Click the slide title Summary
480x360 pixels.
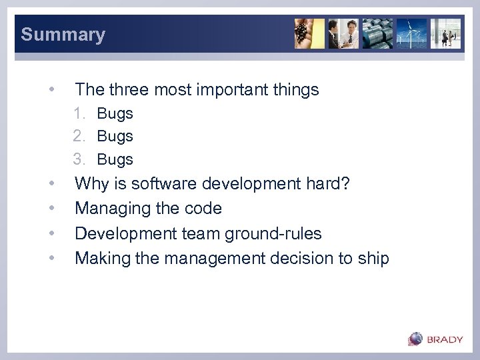pyautogui.click(x=63, y=35)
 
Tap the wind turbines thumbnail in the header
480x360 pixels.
pyautogui.click(x=412, y=33)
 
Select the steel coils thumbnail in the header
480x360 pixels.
pyautogui.click(x=378, y=33)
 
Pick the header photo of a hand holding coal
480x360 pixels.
pyautogui.click(x=310, y=33)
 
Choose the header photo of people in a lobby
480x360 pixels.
pyautogui.click(x=445, y=33)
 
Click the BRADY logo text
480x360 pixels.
pyautogui.click(x=445, y=339)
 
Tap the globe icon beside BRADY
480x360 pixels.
pyautogui.click(x=416, y=339)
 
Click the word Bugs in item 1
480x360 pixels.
pyautogui.click(x=115, y=113)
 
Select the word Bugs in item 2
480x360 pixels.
pyautogui.click(x=115, y=136)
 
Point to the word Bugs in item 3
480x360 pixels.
pyautogui.click(x=115, y=159)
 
